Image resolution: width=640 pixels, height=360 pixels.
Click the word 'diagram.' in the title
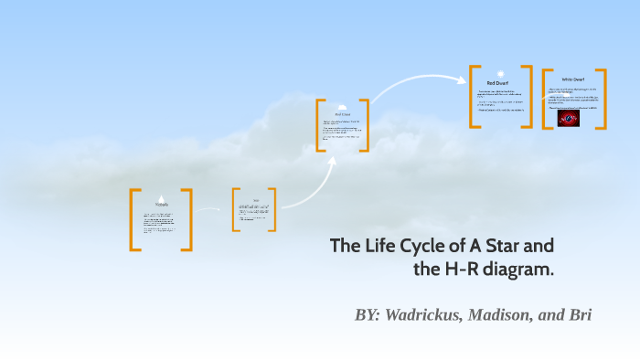(x=517, y=270)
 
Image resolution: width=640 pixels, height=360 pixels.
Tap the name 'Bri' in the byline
(x=580, y=315)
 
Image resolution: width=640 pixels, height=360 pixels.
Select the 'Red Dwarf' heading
(x=500, y=82)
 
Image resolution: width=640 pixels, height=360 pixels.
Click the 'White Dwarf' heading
(x=573, y=80)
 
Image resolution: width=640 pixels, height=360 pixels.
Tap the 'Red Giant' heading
(x=342, y=114)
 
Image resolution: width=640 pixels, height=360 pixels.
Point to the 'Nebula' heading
(x=161, y=206)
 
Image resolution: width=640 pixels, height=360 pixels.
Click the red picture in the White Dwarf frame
(x=569, y=119)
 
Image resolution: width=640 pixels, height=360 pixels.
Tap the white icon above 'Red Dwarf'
(x=500, y=72)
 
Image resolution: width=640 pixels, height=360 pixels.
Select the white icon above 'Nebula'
(x=161, y=198)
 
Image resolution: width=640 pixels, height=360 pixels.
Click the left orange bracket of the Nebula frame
(x=134, y=219)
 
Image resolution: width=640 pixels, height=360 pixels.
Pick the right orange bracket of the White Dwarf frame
(x=602, y=99)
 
